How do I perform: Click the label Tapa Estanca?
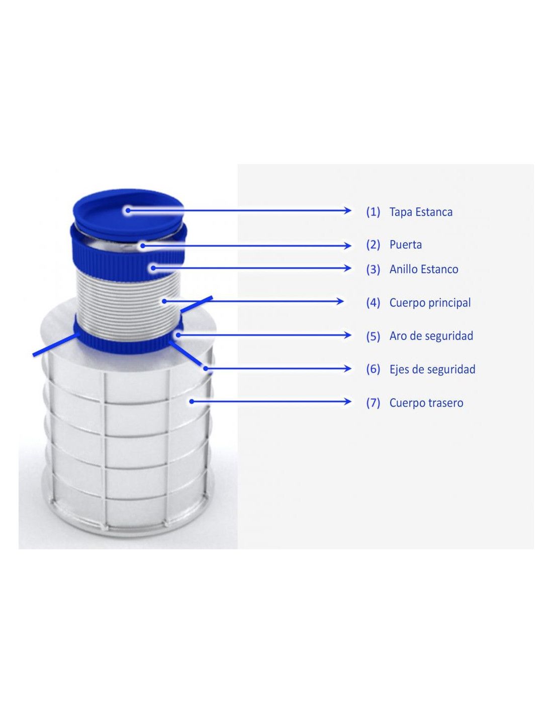(x=421, y=212)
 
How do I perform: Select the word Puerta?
(x=406, y=245)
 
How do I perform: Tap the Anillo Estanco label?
(x=424, y=269)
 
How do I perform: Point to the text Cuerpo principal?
(x=430, y=303)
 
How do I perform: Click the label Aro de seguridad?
(x=431, y=336)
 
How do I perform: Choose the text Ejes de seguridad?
(x=432, y=369)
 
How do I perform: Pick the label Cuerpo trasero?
(x=426, y=403)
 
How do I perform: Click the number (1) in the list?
(x=373, y=212)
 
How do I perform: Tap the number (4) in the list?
(x=373, y=303)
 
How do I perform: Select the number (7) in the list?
(x=373, y=403)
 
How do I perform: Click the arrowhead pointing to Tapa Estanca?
(x=347, y=210)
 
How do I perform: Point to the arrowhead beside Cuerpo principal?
(x=339, y=301)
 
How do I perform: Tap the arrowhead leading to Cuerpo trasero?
(x=347, y=401)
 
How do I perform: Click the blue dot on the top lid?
(x=128, y=210)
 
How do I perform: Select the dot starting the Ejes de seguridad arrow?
(x=206, y=369)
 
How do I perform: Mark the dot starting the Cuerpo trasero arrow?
(x=192, y=401)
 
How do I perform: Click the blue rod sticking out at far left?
(x=56, y=344)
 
